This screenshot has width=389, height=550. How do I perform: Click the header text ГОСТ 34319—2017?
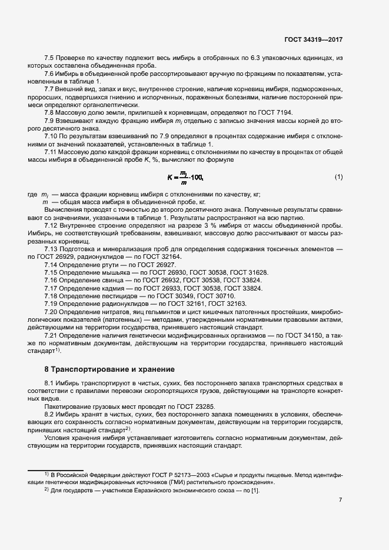[x=312, y=40]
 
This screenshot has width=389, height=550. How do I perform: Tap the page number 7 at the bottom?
[x=341, y=501]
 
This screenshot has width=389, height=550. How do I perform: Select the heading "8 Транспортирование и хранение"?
[x=109, y=369]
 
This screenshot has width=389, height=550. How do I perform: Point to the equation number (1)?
[x=338, y=177]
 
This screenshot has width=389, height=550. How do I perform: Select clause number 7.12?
[x=52, y=225]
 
